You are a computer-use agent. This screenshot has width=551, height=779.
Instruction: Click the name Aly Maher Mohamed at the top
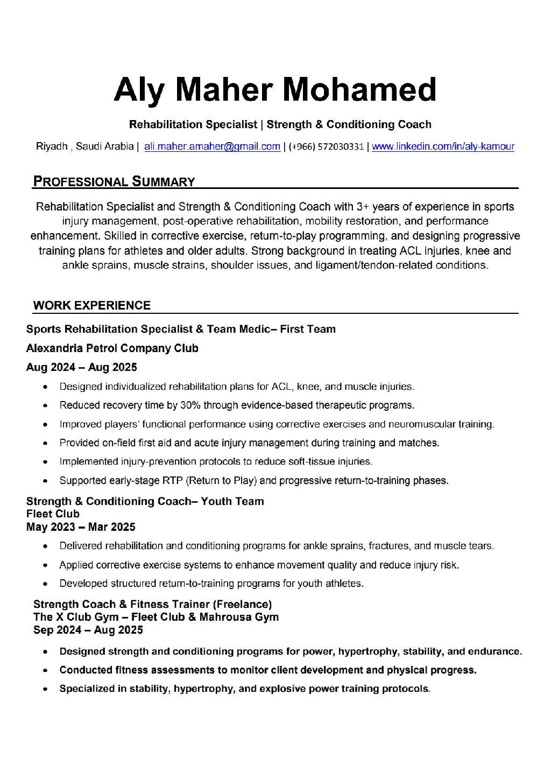275,89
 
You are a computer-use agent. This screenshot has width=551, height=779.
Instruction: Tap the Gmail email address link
212,146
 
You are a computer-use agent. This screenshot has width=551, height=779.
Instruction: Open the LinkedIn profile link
443,146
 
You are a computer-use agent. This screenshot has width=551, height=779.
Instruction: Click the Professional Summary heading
114,181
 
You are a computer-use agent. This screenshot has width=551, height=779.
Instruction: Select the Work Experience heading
91,306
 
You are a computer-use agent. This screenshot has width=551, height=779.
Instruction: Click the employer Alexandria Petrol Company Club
112,348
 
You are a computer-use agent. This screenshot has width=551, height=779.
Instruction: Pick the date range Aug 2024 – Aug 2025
81,368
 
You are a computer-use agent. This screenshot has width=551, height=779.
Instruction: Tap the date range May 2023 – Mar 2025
81,527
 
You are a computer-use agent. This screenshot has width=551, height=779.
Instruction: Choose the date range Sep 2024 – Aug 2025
88,630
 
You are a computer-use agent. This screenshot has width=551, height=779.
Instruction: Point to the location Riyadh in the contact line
52,146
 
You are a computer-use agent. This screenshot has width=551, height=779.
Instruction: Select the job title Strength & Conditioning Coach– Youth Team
145,502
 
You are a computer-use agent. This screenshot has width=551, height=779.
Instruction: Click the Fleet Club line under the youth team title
53,514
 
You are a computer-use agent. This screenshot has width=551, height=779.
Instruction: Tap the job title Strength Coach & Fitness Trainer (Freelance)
152,604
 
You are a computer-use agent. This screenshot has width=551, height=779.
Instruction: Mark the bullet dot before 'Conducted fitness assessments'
47,671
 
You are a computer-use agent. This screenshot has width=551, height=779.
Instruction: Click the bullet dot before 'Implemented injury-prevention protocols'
47,462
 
